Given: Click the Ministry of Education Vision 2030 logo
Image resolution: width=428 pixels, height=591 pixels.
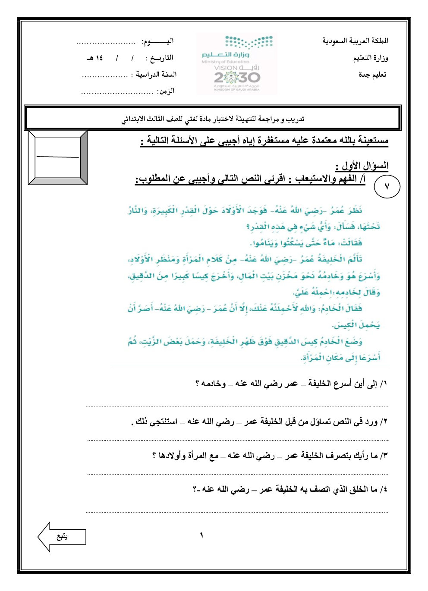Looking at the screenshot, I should pos(237,64).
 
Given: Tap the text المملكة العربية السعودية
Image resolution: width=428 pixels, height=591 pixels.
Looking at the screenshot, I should pos(355,41).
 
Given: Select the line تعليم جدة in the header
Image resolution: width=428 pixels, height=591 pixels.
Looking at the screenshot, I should pos(373,75).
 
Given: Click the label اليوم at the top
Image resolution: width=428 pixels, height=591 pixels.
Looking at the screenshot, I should pos(157,41).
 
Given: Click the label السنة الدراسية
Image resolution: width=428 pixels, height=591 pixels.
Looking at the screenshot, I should pos(156,75).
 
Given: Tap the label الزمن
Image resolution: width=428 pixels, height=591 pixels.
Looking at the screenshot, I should pos(166,91).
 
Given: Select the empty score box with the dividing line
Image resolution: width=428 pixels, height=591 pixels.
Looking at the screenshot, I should pos(58,157).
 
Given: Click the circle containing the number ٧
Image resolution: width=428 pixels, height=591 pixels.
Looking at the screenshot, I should pos(387,186).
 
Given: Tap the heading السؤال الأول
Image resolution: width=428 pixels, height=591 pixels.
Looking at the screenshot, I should pos(362,166).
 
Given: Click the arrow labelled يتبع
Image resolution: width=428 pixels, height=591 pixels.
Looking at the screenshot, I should pos(62,537).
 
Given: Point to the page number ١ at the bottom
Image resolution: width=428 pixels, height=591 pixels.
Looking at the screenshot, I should pos(201,536).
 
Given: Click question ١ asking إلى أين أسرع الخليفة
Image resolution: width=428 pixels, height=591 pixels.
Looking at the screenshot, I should pos(291,384).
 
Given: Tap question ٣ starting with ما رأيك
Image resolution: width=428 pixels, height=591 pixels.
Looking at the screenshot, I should pos(270,455).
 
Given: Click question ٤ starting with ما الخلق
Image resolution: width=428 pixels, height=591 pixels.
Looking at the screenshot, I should pos(290,489).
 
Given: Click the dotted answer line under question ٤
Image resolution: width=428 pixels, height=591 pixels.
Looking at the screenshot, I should pos(237,512).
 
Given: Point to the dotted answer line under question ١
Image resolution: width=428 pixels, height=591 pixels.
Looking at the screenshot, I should pos(237,406).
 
